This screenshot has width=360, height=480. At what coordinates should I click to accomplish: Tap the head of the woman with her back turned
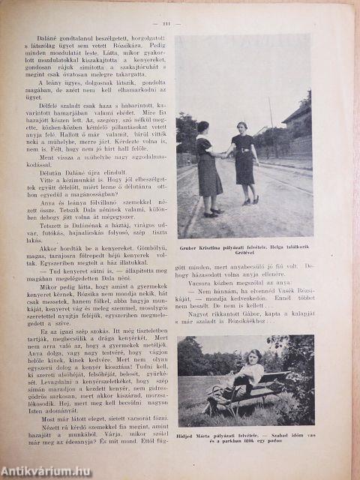204,127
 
